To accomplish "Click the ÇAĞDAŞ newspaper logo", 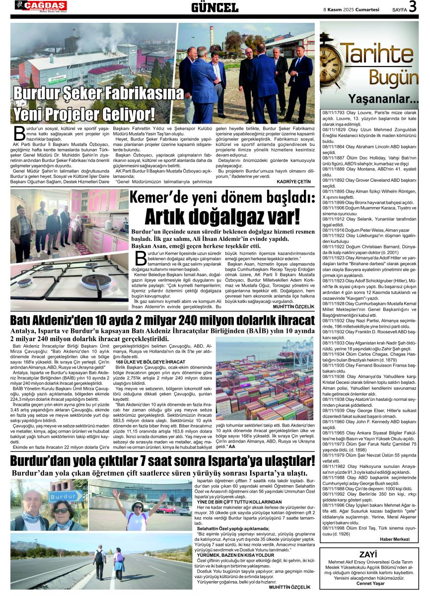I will pos(41,6).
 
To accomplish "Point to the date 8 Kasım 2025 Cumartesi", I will pos(352,8).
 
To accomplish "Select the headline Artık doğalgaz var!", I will pos(222,216).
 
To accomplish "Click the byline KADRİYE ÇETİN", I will pos(294,182).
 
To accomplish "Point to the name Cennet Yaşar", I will pos(369,583).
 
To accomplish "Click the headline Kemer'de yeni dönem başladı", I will pos(222,198).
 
